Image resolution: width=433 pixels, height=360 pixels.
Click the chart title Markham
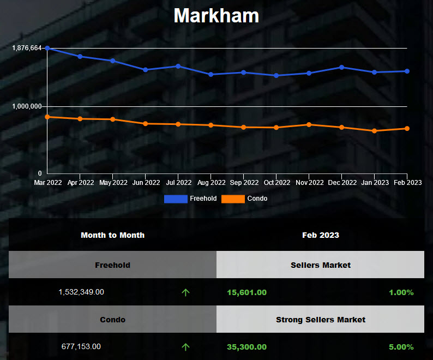216,15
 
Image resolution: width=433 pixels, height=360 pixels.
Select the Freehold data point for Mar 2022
47,48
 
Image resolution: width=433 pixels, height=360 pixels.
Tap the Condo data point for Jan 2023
375,131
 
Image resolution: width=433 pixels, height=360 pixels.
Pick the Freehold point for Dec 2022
342,67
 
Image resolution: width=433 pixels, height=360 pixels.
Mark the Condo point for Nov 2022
309,124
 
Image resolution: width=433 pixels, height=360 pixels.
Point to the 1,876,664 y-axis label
27,48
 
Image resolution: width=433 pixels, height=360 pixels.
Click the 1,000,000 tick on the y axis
27,106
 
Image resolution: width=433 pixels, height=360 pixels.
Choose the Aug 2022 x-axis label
211,183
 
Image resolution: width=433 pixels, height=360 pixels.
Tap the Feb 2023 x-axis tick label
407,183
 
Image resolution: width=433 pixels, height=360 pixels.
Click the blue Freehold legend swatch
176,199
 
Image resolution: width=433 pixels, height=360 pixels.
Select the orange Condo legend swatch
233,199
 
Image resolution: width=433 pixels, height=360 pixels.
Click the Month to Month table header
112,235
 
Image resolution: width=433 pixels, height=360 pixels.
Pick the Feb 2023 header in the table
320,235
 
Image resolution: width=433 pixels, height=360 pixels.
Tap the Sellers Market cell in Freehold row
320,265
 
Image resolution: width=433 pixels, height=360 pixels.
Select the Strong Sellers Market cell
320,320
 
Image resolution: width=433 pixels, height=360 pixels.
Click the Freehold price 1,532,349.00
81,292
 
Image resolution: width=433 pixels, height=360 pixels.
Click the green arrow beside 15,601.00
185,292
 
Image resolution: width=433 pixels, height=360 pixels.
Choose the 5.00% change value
401,347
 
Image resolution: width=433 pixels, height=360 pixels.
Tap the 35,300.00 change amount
246,347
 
